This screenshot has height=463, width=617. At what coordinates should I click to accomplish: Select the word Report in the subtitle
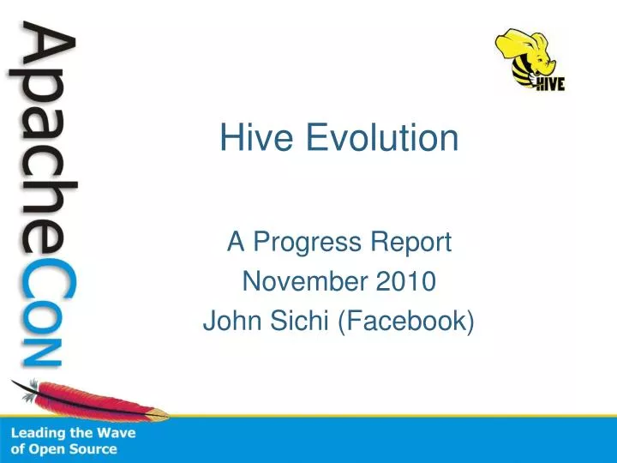click(x=418, y=244)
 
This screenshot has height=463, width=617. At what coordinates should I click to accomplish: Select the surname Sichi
click(x=291, y=321)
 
